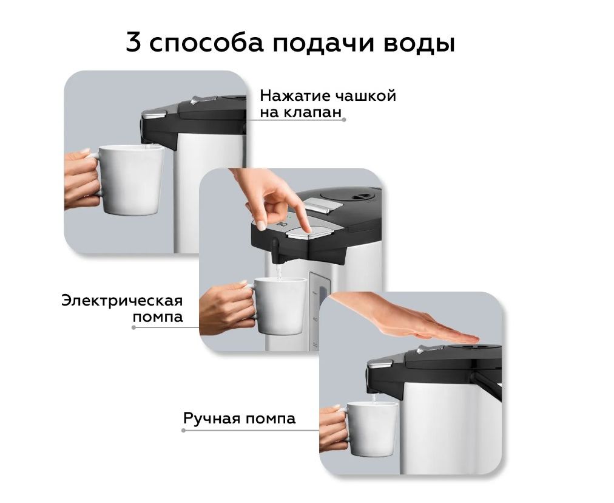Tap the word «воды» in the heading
coord(419,43)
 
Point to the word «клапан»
coord(312,113)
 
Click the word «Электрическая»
coord(122,301)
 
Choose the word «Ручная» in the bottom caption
coord(212,419)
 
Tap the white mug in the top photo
coord(130,180)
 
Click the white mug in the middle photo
coord(280,306)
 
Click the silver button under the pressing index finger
coord(309,234)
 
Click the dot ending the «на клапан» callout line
coord(344,120)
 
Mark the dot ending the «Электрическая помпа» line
coord(133,327)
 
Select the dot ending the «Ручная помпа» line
coord(184,431)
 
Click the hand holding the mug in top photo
coord(81,179)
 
